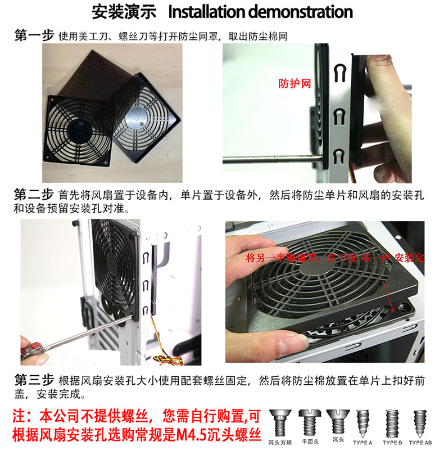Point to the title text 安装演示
tap(119, 12)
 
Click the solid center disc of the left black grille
tap(76, 130)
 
